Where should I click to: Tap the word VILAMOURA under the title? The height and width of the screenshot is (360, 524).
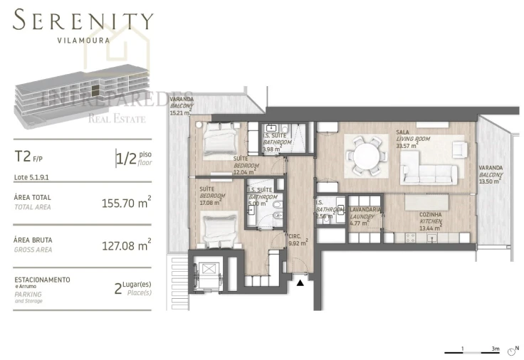tap(83, 41)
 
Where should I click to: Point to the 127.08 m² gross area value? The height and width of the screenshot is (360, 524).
tap(125, 245)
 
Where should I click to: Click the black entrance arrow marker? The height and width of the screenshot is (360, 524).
tap(300, 282)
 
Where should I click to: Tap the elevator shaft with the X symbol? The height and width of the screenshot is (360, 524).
tap(210, 270)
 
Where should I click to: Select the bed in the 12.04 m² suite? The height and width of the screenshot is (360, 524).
tap(219, 141)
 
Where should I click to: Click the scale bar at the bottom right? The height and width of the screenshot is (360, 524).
tap(473, 351)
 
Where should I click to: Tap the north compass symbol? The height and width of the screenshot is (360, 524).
tap(513, 351)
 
